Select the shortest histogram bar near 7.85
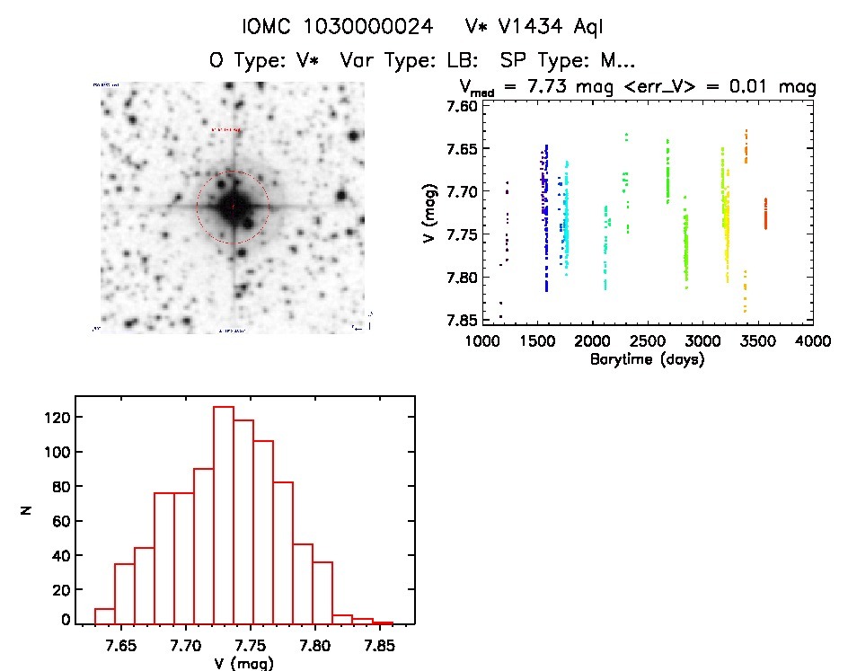[x=384, y=622]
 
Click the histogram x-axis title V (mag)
[x=239, y=664]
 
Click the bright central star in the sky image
[x=233, y=207]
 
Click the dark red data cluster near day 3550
[x=765, y=215]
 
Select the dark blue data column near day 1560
[x=544, y=216]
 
